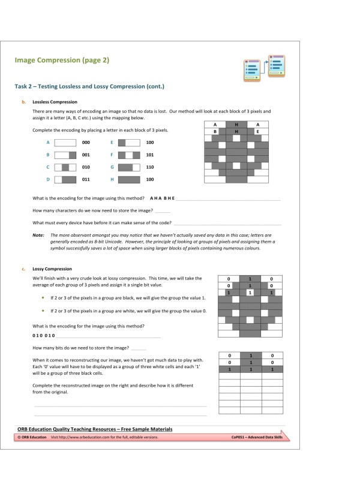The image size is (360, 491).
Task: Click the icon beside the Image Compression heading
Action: coord(264,68)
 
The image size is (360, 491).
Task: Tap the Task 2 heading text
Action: coord(89,86)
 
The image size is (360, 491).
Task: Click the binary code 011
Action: coord(86,179)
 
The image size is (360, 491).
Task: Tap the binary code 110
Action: coord(149,167)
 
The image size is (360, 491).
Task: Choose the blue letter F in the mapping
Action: coord(112,155)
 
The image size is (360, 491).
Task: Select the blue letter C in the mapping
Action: coord(47,167)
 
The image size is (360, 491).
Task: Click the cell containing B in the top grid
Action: coord(215,131)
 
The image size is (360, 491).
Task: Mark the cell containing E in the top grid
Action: coord(257,131)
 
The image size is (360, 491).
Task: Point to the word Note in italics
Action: coord(38,235)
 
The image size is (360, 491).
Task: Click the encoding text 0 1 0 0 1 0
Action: coord(44,335)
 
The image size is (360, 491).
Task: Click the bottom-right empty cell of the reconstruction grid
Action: coord(272,411)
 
